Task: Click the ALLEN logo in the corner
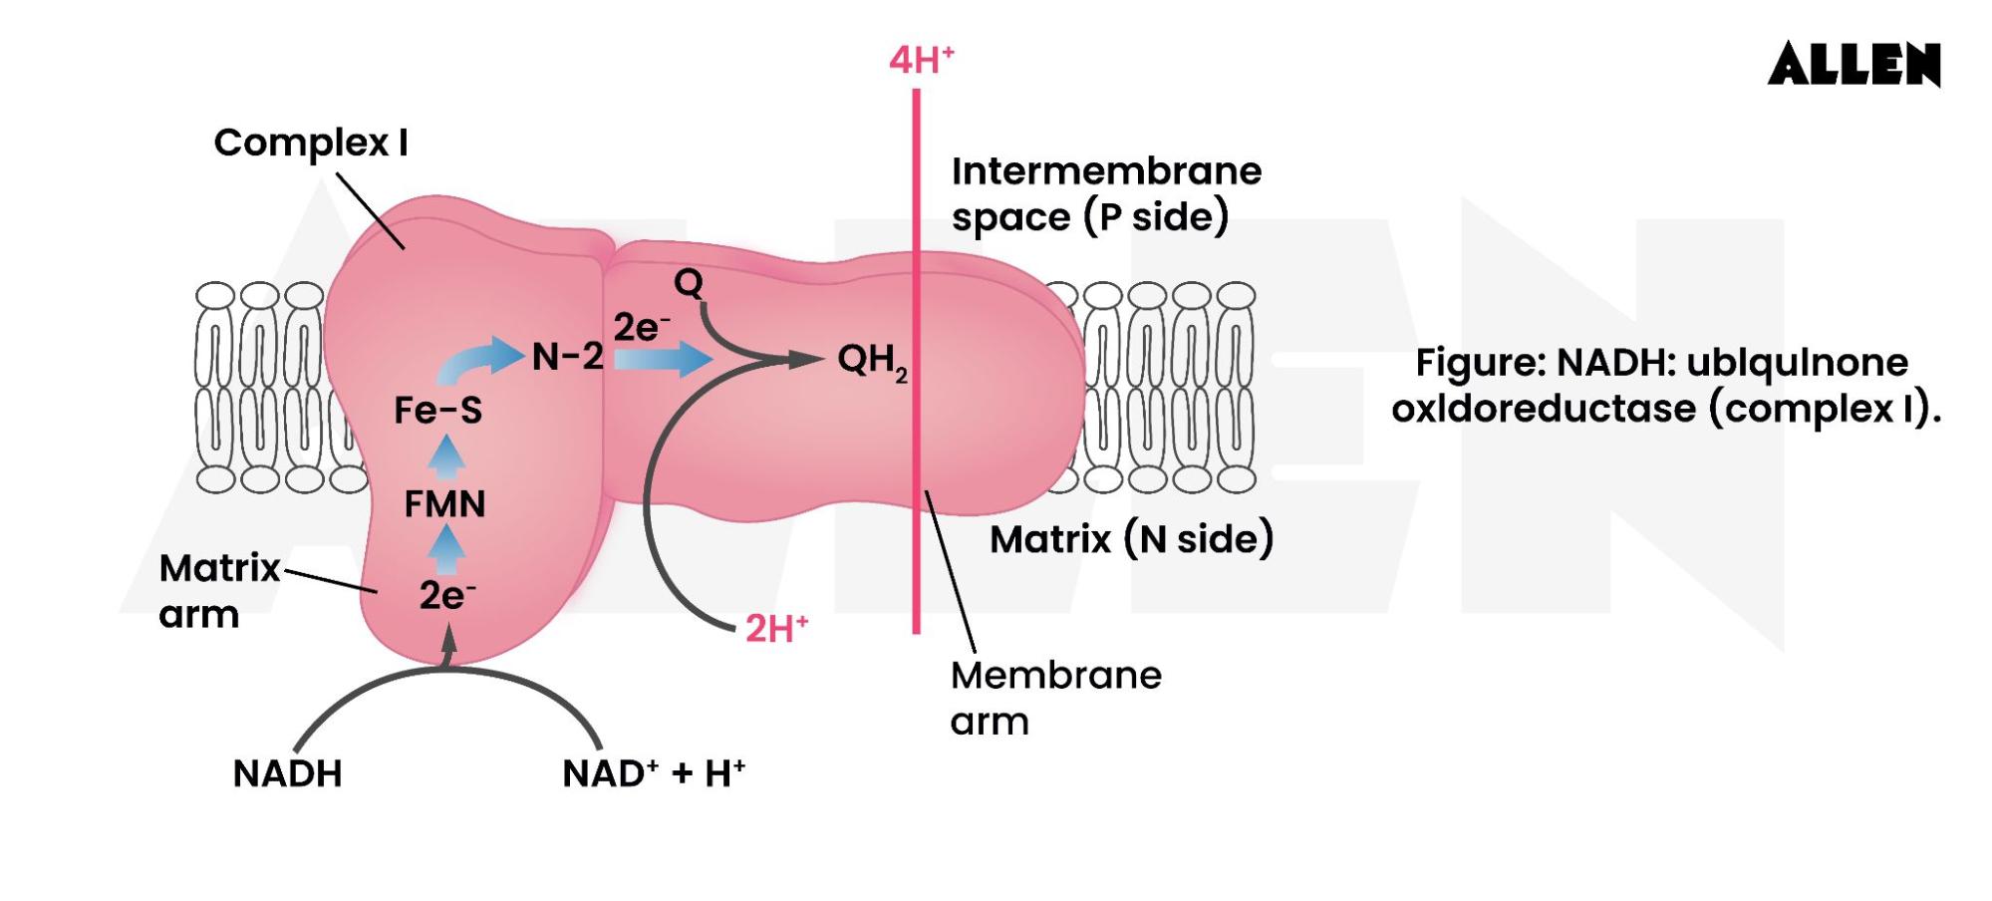(x=1853, y=65)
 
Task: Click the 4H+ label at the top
(x=921, y=61)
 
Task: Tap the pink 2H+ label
(x=776, y=629)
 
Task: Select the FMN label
(x=444, y=504)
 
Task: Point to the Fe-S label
(x=438, y=410)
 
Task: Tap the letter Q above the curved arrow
(x=689, y=283)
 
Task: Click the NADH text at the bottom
(x=287, y=773)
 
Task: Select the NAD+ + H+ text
(x=654, y=773)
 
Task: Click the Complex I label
(x=311, y=143)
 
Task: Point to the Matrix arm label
(x=219, y=591)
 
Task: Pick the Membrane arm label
(x=1055, y=698)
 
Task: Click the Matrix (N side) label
(x=1131, y=539)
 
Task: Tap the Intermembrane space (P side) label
(x=1106, y=194)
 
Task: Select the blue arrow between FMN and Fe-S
(x=446, y=454)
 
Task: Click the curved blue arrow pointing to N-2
(x=478, y=361)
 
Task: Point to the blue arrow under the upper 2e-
(x=662, y=359)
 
